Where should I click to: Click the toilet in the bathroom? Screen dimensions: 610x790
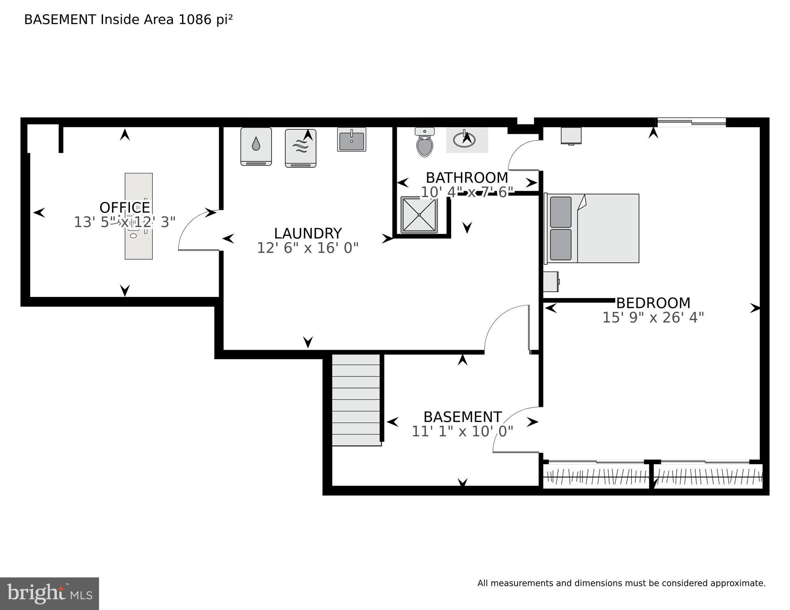click(x=424, y=143)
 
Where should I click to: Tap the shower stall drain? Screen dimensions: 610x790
click(x=419, y=215)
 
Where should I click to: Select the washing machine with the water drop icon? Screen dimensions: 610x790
click(x=256, y=146)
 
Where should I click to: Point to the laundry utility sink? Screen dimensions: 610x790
click(x=351, y=139)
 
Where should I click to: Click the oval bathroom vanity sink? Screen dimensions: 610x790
click(x=464, y=139)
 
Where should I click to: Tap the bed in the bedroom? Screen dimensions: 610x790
click(x=592, y=228)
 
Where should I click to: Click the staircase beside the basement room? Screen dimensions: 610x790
click(x=356, y=400)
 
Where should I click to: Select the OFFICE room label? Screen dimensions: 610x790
click(x=124, y=207)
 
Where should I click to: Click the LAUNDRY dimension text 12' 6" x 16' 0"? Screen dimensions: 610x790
click(x=308, y=248)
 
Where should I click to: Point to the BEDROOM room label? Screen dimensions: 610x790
click(x=653, y=303)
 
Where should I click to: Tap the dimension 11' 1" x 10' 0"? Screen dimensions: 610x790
click(x=462, y=431)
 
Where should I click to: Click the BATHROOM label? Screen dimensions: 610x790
click(x=467, y=177)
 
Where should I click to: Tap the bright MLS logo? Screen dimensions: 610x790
click(x=49, y=593)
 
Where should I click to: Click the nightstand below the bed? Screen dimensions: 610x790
click(x=551, y=281)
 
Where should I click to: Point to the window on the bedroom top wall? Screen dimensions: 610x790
click(x=691, y=122)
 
